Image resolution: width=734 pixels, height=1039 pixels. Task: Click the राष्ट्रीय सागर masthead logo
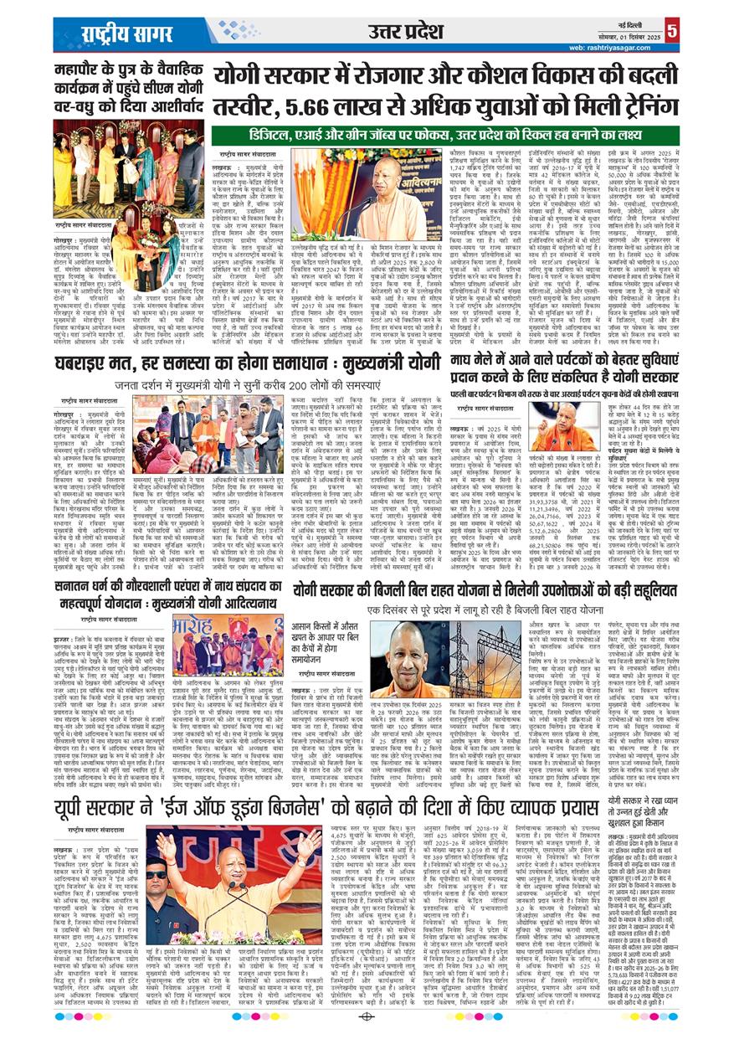[126, 33]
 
